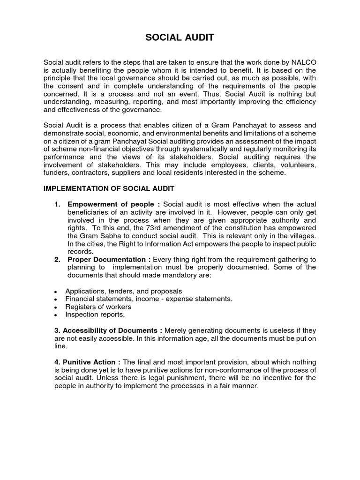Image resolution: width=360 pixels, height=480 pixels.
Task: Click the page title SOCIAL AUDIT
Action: (x=180, y=37)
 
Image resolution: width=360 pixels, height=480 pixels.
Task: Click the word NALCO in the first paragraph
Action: (x=303, y=62)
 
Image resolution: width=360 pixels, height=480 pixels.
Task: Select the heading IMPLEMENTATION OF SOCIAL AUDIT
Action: (x=109, y=188)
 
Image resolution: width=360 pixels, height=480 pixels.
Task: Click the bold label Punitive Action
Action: (x=88, y=362)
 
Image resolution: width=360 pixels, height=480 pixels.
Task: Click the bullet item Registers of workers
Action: (x=98, y=307)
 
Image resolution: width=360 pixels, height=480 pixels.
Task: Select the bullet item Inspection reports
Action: (x=95, y=315)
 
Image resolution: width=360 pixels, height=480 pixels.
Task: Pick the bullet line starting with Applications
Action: (x=123, y=291)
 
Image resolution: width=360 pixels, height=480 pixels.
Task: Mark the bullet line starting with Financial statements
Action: (x=149, y=299)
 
